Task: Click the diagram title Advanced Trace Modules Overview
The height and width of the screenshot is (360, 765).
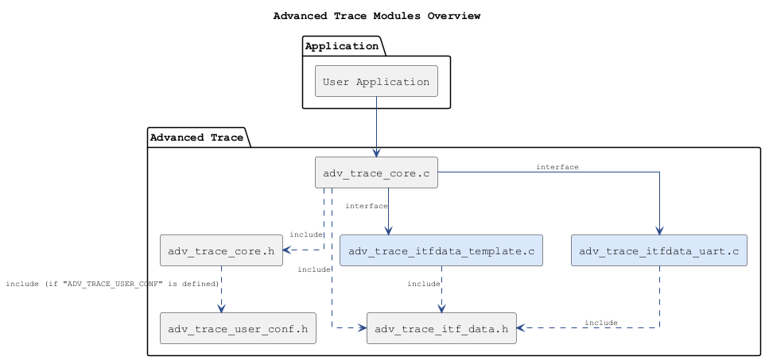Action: point(376,16)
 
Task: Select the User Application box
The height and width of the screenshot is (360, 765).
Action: point(376,82)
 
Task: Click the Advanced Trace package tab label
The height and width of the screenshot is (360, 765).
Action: point(196,137)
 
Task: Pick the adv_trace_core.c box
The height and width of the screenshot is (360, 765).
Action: point(376,172)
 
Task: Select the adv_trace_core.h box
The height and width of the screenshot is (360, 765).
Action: point(221,250)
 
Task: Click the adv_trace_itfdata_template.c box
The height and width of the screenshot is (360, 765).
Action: point(441,250)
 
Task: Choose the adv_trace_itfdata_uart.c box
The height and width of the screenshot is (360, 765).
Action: point(658,250)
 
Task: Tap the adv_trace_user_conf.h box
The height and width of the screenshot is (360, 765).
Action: point(238,328)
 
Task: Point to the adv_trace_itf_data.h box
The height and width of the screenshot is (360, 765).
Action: point(441,328)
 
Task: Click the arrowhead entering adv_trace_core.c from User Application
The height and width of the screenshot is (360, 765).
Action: point(376,153)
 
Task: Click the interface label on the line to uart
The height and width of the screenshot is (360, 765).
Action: point(557,167)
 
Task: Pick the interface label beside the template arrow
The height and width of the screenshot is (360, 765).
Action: point(366,206)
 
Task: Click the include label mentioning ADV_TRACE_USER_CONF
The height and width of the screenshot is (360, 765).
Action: point(112,284)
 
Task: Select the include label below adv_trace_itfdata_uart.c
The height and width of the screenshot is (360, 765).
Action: point(600,323)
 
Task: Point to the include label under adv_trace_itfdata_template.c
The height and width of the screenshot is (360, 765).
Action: point(423,284)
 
